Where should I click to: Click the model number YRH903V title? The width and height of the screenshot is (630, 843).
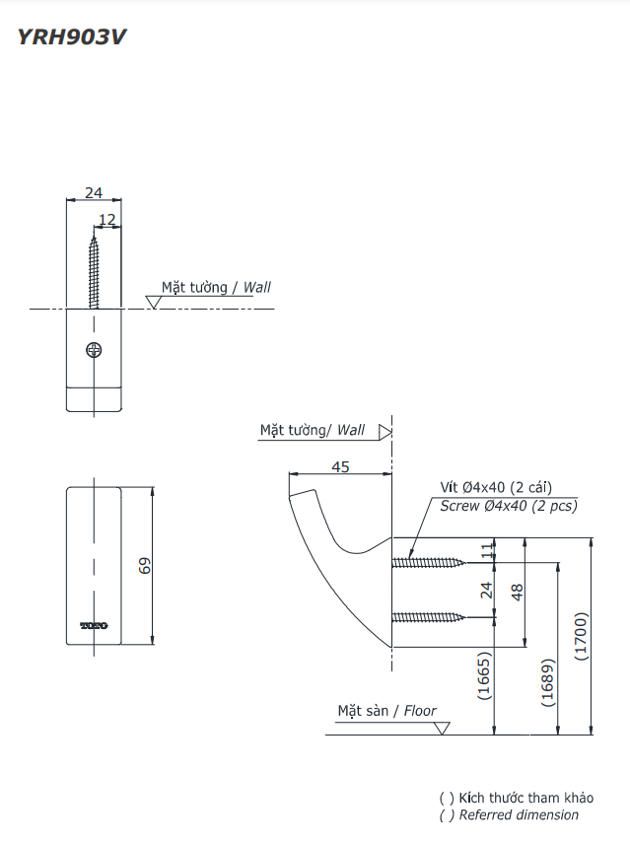(x=72, y=37)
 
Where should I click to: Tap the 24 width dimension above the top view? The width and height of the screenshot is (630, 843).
(x=94, y=193)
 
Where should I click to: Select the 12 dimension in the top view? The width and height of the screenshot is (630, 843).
(x=107, y=219)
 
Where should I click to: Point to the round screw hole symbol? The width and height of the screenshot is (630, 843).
(x=95, y=349)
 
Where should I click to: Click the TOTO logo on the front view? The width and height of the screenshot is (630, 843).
(x=94, y=624)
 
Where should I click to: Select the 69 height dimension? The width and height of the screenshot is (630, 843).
(x=144, y=566)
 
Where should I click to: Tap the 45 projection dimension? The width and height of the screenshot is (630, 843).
(x=340, y=467)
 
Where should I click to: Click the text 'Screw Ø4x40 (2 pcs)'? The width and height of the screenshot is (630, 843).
(x=509, y=506)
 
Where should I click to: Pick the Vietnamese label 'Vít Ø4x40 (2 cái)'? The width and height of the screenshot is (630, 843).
(x=496, y=487)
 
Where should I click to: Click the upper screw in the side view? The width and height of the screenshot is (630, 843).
(x=429, y=563)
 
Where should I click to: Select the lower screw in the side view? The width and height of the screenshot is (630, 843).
(x=429, y=617)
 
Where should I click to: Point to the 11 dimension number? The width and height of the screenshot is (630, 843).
(x=485, y=552)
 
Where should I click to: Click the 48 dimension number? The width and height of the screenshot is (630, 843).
(x=517, y=592)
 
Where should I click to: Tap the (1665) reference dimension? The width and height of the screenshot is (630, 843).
(x=484, y=675)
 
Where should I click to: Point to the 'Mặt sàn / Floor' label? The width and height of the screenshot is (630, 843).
(x=386, y=710)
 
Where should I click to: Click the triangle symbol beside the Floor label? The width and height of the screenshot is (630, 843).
(x=441, y=729)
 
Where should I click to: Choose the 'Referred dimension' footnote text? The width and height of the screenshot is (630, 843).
(x=519, y=815)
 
